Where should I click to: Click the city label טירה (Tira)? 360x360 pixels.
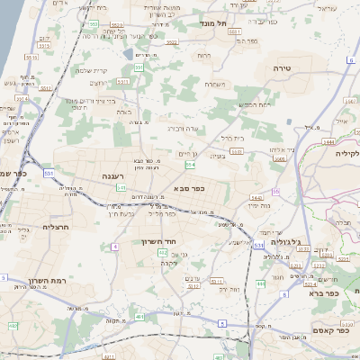(283, 67)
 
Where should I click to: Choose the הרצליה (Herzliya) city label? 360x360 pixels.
(56, 228)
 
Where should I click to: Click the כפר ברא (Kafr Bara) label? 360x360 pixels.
(322, 292)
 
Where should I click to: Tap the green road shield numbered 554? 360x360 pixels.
(190, 166)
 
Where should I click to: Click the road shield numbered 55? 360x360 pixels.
(274, 191)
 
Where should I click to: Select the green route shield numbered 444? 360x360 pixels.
(260, 284)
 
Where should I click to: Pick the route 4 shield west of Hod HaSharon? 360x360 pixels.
(115, 246)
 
